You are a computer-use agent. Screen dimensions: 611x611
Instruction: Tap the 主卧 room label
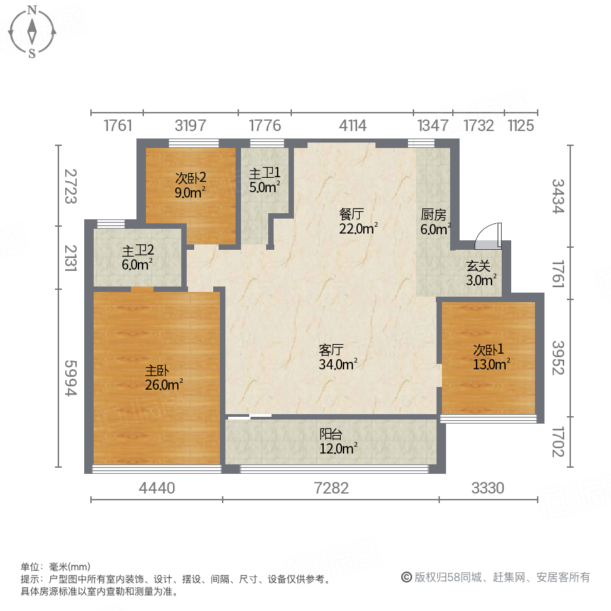[157, 371]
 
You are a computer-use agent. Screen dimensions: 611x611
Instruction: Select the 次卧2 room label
[191, 178]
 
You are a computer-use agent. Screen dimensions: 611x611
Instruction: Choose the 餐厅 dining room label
[352, 214]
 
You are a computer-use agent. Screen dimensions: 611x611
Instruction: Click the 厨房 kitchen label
[433, 215]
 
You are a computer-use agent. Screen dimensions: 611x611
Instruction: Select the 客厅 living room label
[331, 350]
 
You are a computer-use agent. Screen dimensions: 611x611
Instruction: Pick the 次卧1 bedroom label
[489, 350]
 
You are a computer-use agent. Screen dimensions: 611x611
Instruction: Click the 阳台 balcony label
[331, 434]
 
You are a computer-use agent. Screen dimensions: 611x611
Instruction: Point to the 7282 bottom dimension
[331, 487]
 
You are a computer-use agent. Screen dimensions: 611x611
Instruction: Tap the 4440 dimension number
[157, 487]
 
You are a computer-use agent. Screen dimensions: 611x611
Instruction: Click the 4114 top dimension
[352, 126]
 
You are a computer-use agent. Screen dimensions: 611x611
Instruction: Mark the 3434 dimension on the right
[557, 196]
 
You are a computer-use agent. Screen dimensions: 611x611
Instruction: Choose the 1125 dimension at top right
[521, 126]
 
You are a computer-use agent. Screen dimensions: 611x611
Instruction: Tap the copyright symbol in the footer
[406, 577]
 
